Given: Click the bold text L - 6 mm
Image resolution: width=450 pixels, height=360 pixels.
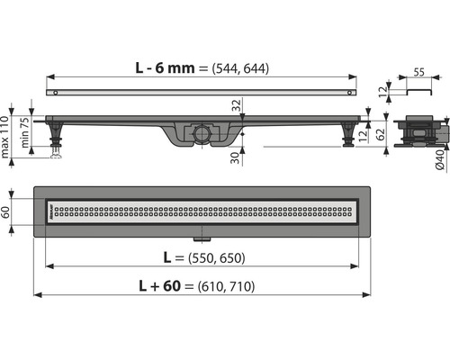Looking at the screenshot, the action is pyautogui.click(x=165, y=67).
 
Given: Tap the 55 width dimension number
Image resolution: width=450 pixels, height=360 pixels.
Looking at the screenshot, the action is pyautogui.click(x=419, y=72).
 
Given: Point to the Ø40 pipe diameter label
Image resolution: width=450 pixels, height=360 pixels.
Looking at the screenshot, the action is pyautogui.click(x=440, y=160).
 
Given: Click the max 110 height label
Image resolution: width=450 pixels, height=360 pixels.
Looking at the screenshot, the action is pyautogui.click(x=4, y=137).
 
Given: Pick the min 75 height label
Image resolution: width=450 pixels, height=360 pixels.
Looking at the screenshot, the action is pyautogui.click(x=25, y=132).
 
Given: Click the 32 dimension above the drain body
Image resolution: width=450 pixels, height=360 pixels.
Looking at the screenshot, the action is pyautogui.click(x=237, y=105).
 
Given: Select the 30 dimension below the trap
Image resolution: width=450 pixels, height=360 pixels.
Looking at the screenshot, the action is pyautogui.click(x=237, y=158).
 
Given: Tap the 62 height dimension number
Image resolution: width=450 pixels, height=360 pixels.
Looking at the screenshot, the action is pyautogui.click(x=381, y=135).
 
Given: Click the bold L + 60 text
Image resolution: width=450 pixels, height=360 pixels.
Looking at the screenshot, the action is pyautogui.click(x=160, y=286).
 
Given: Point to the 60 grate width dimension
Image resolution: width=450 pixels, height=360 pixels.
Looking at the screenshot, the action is pyautogui.click(x=5, y=212).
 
